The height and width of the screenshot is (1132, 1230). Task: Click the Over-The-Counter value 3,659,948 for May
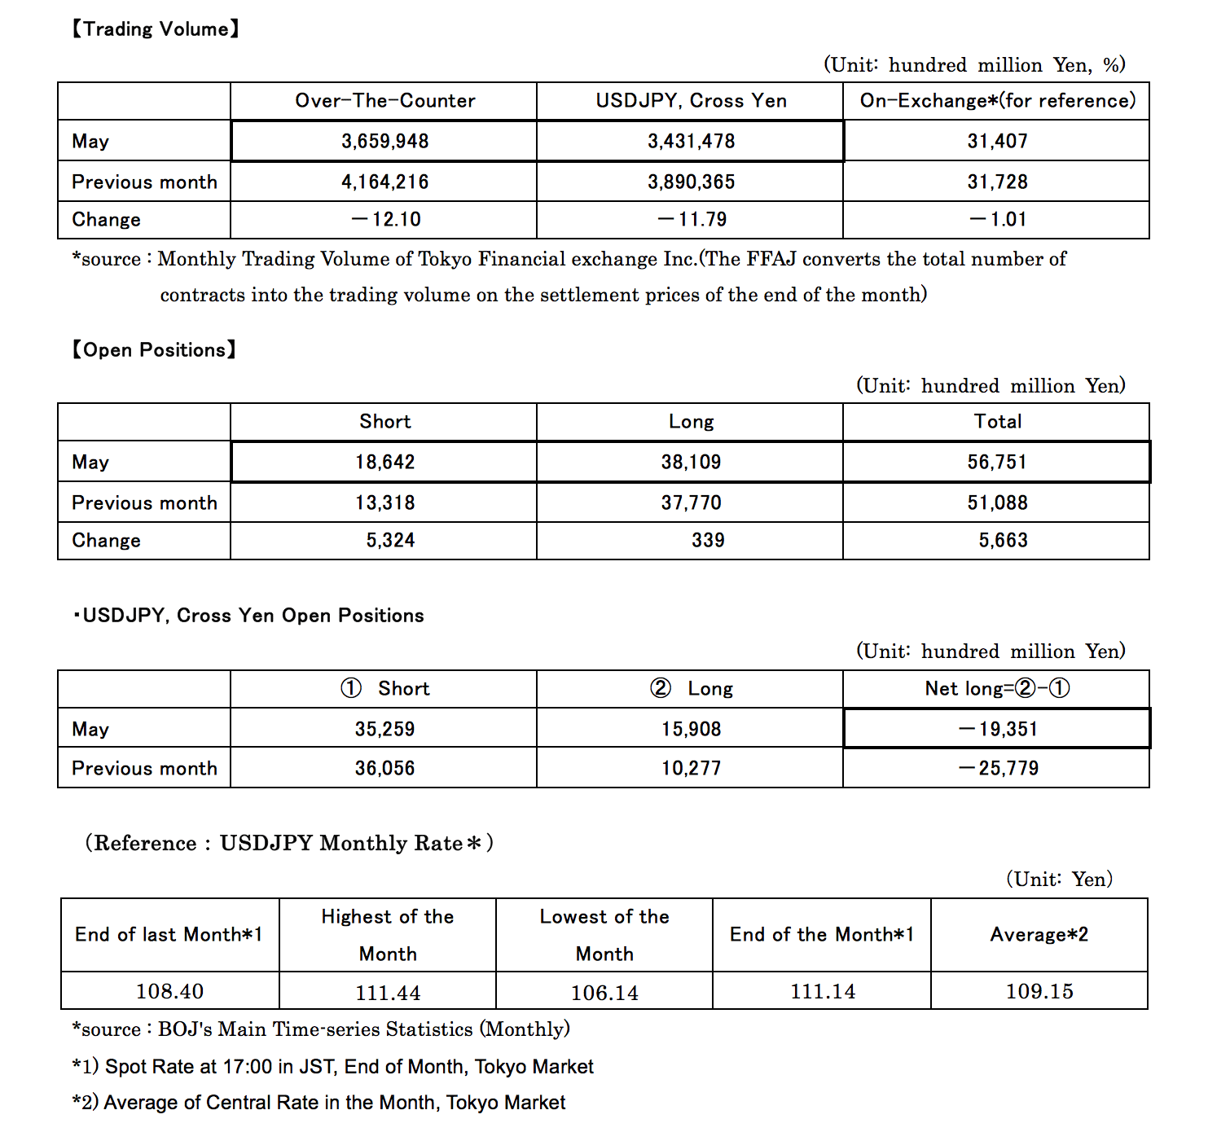[384, 141]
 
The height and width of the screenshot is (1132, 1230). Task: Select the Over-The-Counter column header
[384, 101]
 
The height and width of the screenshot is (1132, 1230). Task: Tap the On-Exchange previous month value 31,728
[997, 182]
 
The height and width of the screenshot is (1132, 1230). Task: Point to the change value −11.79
[692, 219]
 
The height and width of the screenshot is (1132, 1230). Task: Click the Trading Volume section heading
[155, 29]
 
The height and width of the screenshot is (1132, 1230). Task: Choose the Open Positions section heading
[153, 350]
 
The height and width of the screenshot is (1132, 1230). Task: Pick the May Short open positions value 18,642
[384, 462]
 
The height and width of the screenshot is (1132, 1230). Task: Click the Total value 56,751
[997, 462]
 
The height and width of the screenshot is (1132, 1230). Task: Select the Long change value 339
[707, 540]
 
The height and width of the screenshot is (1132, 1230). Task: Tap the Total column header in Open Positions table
[997, 422]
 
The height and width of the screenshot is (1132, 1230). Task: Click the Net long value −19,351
[998, 729]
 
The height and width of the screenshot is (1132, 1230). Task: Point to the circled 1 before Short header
[351, 689]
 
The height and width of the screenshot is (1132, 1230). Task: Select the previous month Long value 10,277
[691, 768]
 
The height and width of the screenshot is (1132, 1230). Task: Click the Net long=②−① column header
[997, 689]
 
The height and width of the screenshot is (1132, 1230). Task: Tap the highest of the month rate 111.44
[388, 993]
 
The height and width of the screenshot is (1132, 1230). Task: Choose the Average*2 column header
[1039, 935]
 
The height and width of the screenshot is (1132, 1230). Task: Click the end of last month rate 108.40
[169, 991]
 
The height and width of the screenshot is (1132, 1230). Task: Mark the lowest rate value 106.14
[604, 993]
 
